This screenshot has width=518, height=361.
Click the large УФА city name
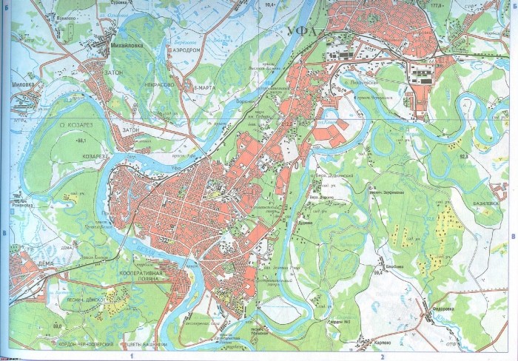click(x=300, y=32)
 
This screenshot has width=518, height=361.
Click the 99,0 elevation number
click(x=57, y=326)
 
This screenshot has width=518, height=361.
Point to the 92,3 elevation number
click(x=465, y=157)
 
